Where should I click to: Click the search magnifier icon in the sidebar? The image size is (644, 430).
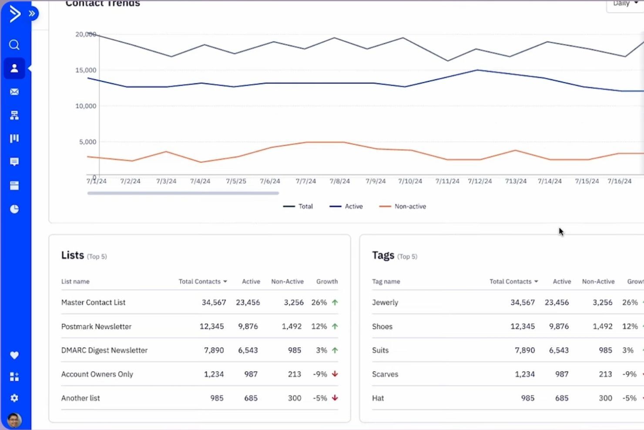tap(14, 45)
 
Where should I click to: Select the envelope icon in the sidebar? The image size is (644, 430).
tap(14, 92)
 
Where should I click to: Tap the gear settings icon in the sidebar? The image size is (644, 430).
tap(14, 398)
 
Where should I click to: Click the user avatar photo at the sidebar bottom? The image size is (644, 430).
tap(14, 420)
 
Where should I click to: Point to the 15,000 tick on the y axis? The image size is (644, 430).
tap(86, 70)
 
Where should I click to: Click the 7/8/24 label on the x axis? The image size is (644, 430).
tap(339, 181)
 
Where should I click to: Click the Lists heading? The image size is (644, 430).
tap(73, 255)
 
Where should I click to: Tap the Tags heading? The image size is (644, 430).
tap(383, 255)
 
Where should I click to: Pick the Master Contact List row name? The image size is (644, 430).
tap(93, 302)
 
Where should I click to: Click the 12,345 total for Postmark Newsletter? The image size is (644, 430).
tap(211, 326)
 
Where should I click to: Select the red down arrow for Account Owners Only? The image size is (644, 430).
tap(335, 374)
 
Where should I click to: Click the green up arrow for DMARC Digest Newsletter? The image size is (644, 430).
tap(335, 350)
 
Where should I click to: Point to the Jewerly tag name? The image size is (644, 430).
tap(385, 302)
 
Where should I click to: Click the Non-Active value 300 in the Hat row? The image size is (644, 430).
tap(605, 398)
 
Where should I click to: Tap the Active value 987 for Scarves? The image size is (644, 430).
tap(562, 374)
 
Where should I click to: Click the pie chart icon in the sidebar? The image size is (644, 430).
tap(14, 209)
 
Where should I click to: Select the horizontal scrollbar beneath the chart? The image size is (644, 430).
tap(183, 193)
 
